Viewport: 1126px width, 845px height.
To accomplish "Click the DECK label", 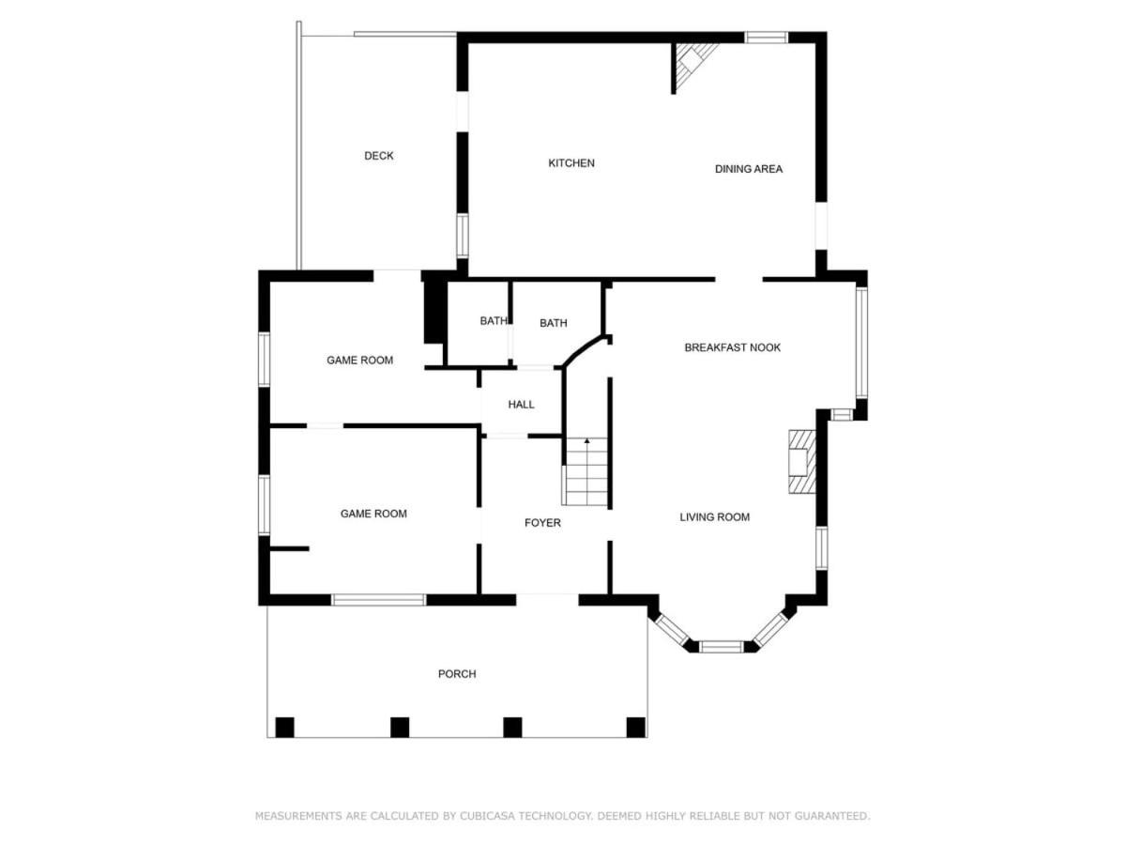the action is click(x=378, y=156).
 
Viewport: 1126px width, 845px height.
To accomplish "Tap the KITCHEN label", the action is click(x=571, y=163).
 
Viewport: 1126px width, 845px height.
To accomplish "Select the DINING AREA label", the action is click(x=749, y=169).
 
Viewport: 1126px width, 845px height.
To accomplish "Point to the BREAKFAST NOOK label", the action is click(x=732, y=347).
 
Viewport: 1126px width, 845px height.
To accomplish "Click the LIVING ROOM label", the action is click(x=715, y=517).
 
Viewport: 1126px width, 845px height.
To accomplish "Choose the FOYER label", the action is click(x=542, y=523).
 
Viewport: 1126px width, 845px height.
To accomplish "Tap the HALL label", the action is click(x=521, y=405).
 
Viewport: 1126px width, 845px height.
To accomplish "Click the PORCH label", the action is click(x=457, y=673).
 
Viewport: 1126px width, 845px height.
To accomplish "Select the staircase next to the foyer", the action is click(x=586, y=471).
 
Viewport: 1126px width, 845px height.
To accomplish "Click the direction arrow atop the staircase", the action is click(x=586, y=440).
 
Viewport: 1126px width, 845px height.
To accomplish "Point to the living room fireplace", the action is click(x=801, y=462).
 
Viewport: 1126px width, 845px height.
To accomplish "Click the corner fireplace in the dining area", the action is click(x=692, y=63).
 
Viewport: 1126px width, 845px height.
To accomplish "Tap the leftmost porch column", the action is click(x=284, y=727).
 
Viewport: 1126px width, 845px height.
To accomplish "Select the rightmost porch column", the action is click(x=635, y=727).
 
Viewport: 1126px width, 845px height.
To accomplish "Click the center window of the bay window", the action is click(x=722, y=647).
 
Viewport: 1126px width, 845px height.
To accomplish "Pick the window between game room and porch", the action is click(x=378, y=600).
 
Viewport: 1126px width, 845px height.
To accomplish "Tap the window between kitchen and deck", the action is click(x=463, y=236).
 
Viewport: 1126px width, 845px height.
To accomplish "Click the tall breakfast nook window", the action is click(x=861, y=343).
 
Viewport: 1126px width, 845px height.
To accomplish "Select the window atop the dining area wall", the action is click(x=766, y=38).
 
